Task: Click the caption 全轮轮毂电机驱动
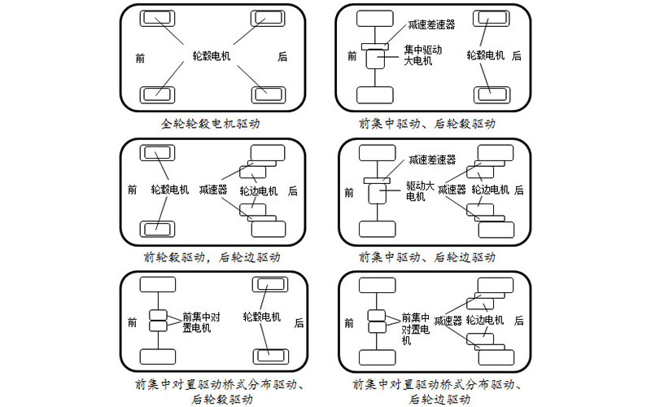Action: (214, 124)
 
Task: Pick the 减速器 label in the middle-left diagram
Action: (212, 190)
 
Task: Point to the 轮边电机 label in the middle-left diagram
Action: (259, 190)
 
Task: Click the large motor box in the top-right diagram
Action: (377, 59)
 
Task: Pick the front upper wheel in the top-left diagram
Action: (157, 18)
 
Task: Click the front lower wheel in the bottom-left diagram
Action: (157, 357)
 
